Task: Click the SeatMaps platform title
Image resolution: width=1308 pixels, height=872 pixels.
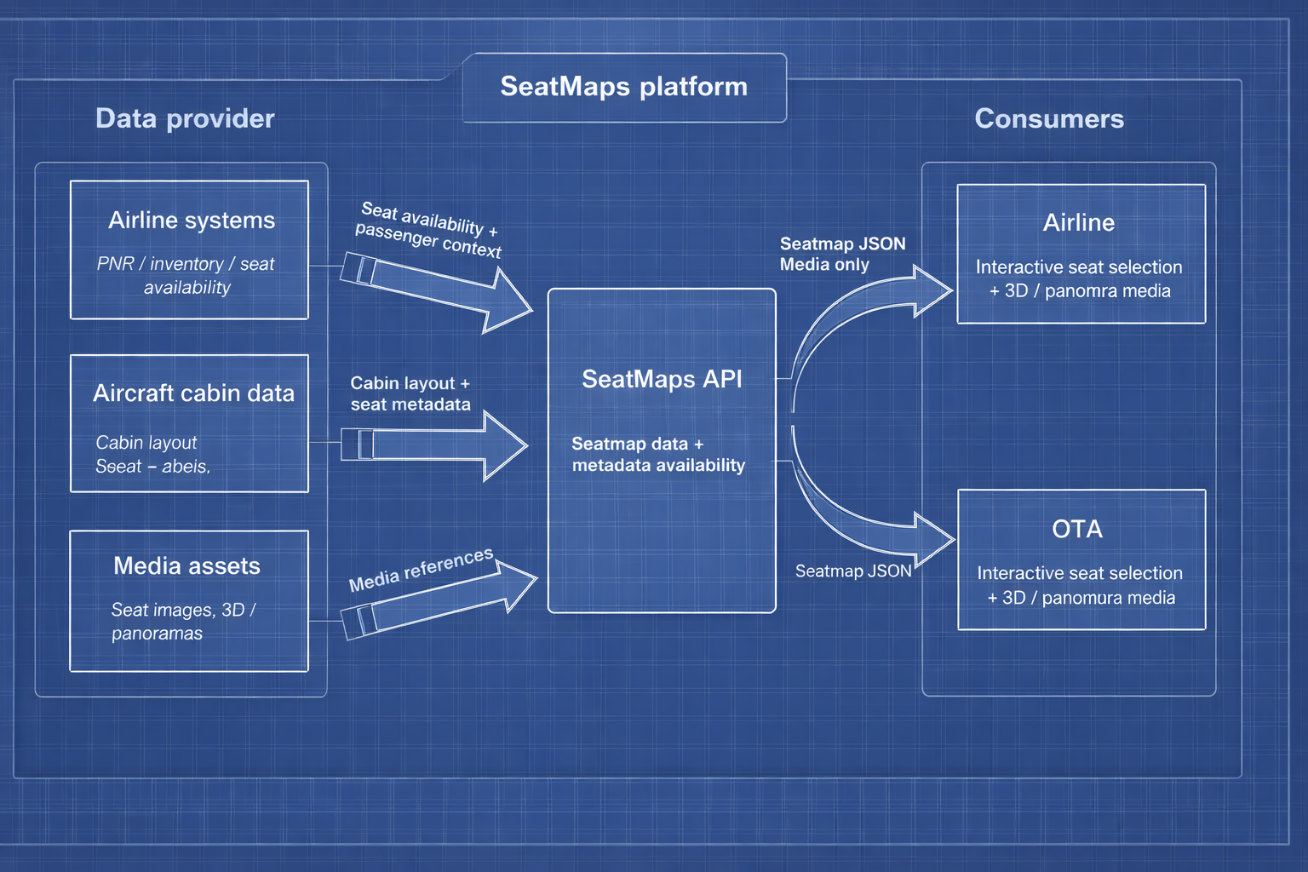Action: pos(623,87)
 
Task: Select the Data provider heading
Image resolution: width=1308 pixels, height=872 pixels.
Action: pos(185,118)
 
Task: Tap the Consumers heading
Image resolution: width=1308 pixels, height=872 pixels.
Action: pos(1048,118)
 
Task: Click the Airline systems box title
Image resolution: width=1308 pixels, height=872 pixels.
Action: pos(192,221)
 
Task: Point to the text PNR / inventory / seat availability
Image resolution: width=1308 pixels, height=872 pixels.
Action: pos(186,275)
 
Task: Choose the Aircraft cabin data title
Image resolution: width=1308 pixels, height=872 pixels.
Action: pos(193,393)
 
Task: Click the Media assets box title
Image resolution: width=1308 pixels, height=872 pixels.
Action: pos(186,566)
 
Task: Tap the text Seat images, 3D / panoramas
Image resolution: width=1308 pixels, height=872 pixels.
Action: pos(182,622)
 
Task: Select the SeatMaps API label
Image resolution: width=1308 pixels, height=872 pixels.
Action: pos(662,379)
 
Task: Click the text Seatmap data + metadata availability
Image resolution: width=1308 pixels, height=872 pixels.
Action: pos(657,455)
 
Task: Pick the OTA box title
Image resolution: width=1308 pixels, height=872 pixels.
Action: pos(1077,530)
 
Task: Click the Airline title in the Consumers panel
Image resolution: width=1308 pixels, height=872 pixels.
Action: pos(1078,223)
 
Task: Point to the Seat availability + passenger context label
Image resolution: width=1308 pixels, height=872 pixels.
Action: pos(428,229)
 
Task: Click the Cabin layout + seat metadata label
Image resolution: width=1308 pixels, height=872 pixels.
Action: pos(410,393)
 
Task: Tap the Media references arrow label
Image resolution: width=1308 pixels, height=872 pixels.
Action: pos(421,570)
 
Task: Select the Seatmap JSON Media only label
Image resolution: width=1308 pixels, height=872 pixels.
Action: pos(841,254)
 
